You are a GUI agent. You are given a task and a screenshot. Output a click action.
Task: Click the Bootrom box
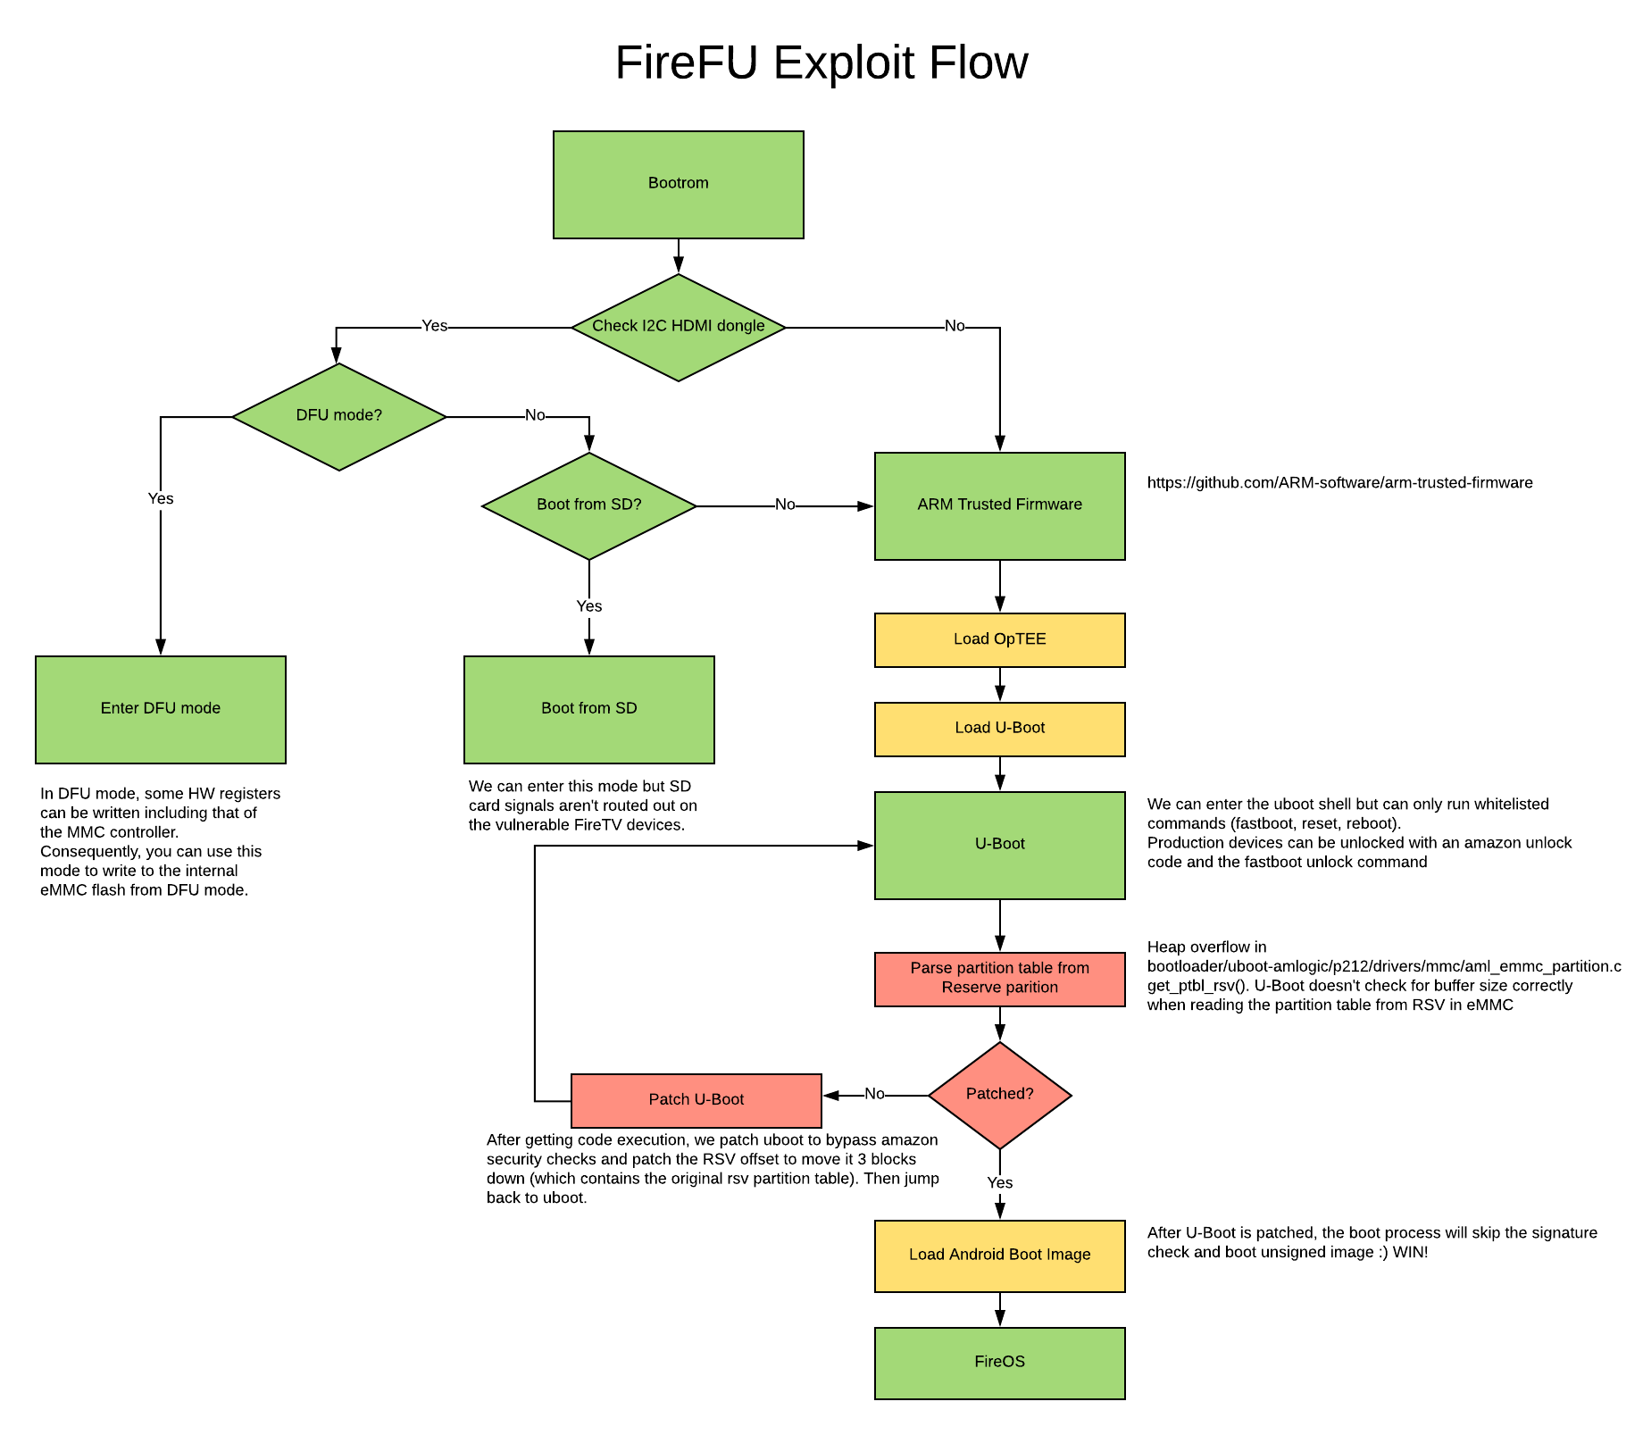[678, 184]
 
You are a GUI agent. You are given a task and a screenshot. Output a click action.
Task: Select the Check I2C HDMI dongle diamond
[678, 327]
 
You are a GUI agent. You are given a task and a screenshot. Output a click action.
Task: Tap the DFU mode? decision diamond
[338, 416]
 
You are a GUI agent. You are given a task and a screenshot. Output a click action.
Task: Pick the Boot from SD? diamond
[588, 505]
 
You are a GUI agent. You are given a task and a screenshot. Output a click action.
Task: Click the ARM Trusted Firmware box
[999, 505]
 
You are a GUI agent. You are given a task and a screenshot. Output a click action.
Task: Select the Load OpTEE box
[999, 639]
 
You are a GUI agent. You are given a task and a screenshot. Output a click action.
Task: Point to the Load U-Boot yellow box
[999, 729]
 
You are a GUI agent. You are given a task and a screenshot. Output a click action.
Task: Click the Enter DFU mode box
[160, 709]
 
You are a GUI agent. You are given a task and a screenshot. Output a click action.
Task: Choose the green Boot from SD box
[588, 709]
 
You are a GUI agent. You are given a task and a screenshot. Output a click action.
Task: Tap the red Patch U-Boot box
[696, 1100]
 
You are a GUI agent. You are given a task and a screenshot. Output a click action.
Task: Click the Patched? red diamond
[999, 1095]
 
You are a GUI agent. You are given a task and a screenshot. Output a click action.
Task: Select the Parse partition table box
[999, 979]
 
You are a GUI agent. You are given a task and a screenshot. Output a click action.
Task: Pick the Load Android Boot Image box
[999, 1256]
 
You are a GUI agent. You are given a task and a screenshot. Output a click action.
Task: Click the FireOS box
[999, 1363]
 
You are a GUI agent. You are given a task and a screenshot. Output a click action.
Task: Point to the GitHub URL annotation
[1339, 483]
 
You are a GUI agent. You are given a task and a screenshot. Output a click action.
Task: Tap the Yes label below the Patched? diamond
[999, 1183]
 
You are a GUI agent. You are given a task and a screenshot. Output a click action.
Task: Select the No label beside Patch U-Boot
[874, 1094]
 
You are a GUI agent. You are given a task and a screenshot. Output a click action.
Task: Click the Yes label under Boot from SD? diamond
[588, 606]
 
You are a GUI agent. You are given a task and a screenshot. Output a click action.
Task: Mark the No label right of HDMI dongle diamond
[955, 326]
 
